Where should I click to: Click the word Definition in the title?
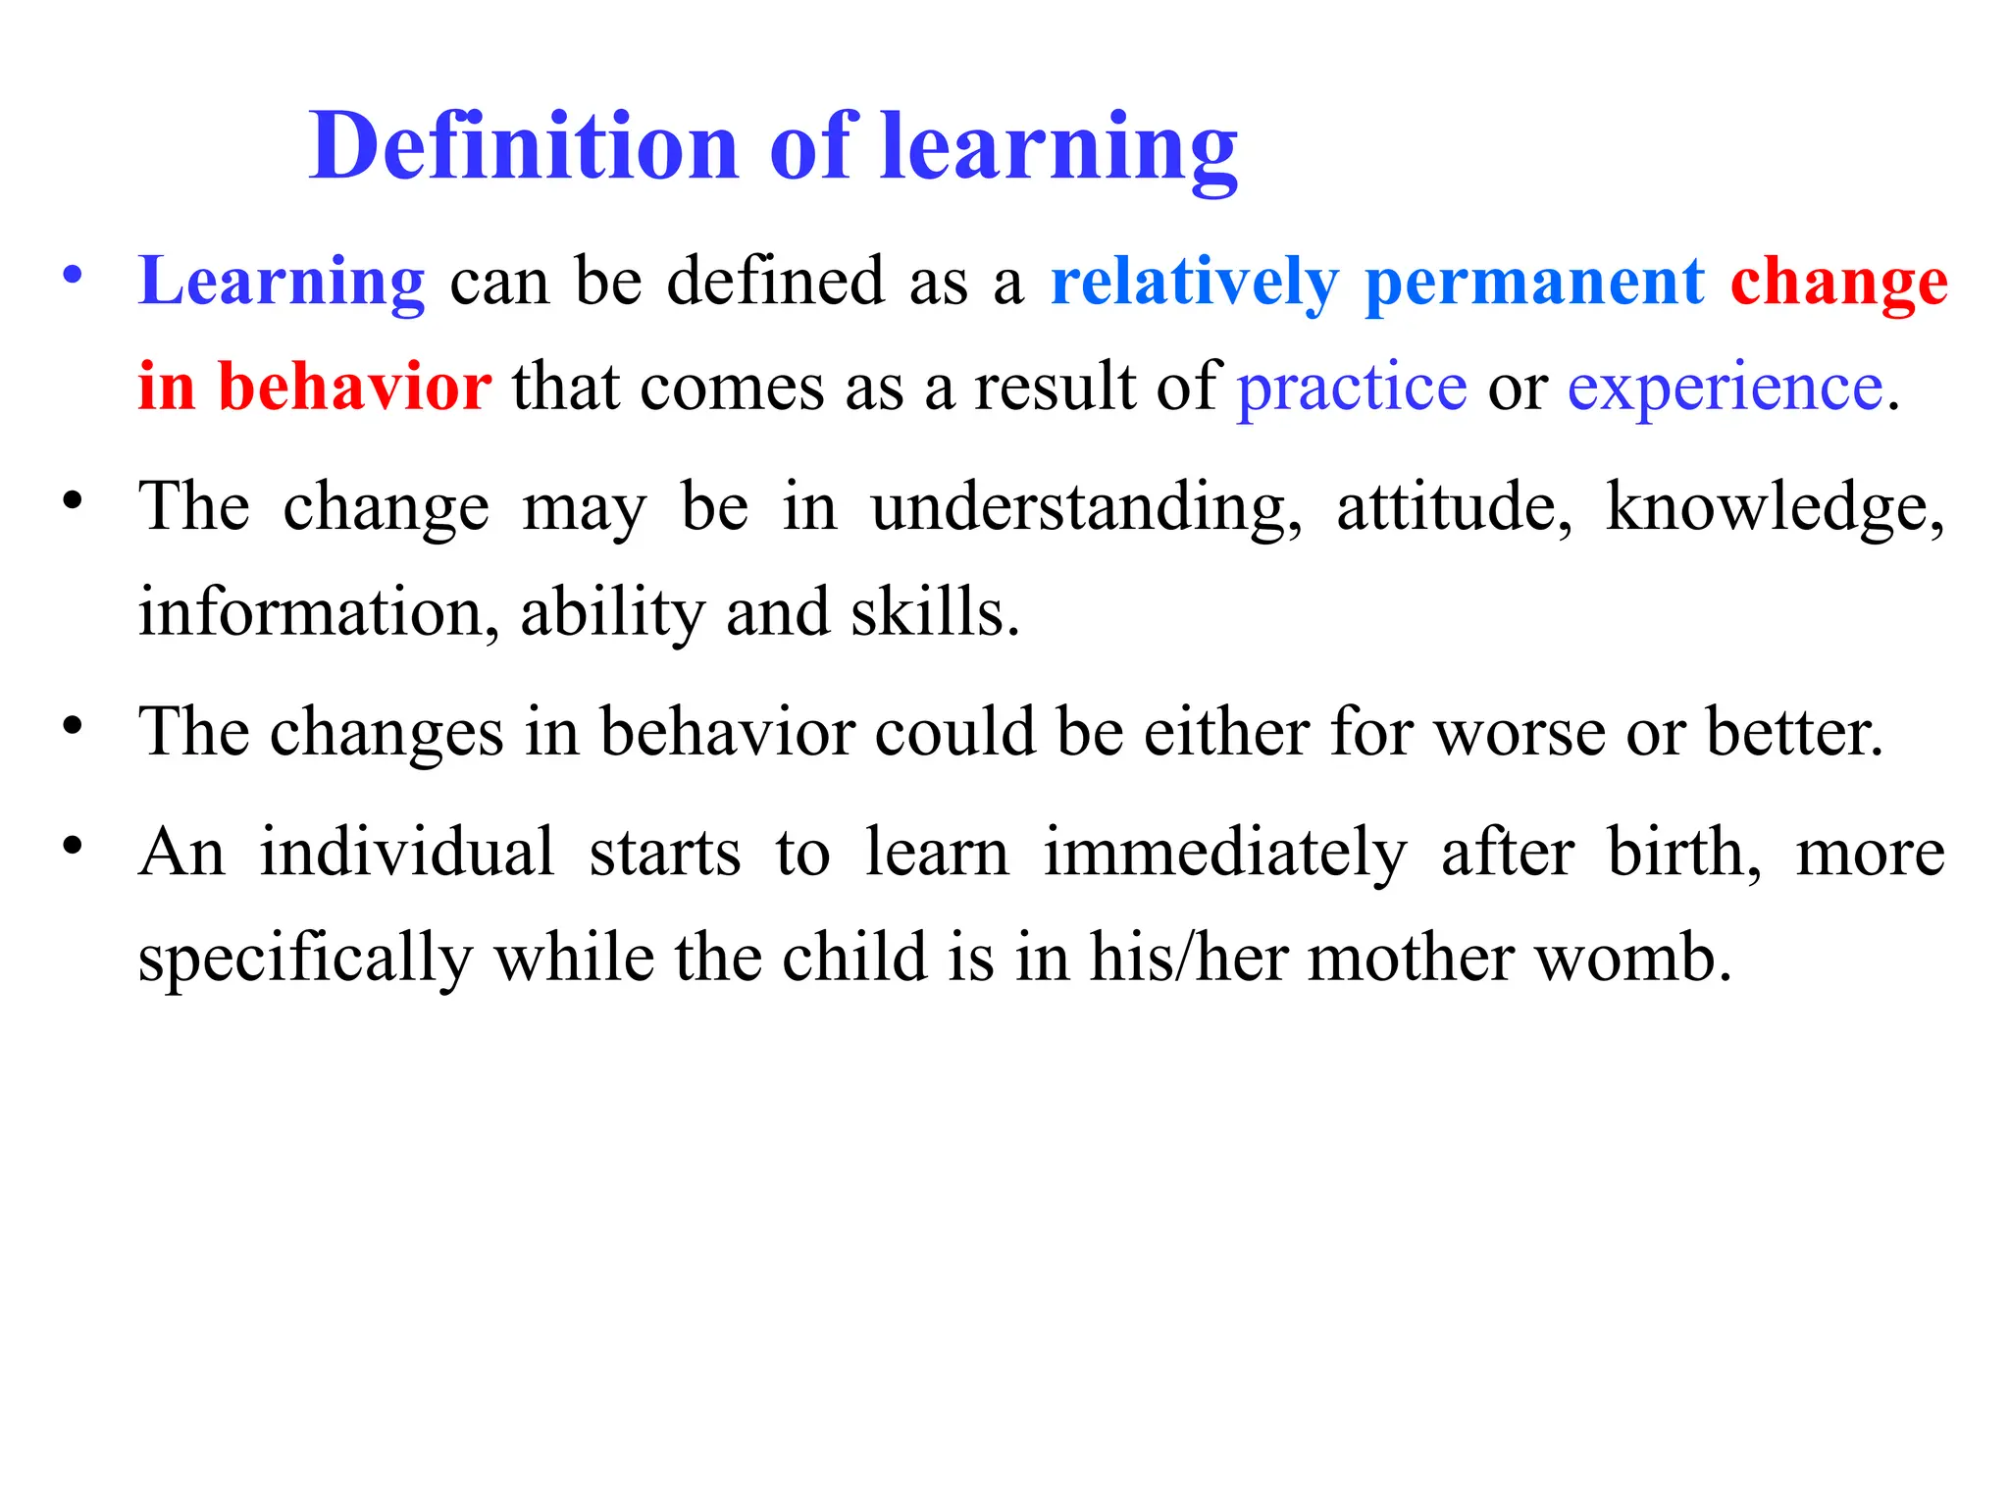point(523,147)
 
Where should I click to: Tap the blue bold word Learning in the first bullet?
point(282,283)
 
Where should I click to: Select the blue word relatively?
point(1194,283)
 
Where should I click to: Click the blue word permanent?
point(1534,283)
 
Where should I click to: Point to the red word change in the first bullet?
point(1838,283)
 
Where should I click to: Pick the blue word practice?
point(1351,388)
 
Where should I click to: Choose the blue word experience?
point(1725,388)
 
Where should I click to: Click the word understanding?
point(1087,508)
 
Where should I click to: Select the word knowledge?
point(1774,508)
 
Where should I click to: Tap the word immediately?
point(1224,853)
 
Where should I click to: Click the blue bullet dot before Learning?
point(72,276)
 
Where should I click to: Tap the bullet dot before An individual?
point(72,845)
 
